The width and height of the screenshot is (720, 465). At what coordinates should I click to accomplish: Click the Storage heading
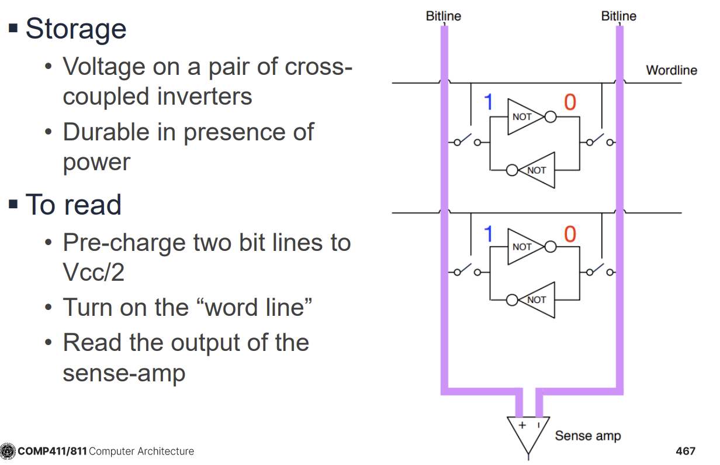pos(75,29)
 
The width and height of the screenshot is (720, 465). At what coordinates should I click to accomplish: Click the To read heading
pos(73,205)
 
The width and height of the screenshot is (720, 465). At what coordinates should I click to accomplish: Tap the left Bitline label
pos(443,16)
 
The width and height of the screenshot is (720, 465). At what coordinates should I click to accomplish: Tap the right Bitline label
pos(618,16)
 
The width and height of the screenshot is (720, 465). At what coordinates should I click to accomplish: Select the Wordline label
pos(671,70)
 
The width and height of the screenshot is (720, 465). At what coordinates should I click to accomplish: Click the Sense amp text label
pos(587,436)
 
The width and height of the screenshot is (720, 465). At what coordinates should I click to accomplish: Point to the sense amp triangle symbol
pos(528,433)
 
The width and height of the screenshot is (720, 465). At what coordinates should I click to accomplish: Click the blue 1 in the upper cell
pos(489,104)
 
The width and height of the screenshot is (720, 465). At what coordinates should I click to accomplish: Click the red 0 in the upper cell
pos(569,104)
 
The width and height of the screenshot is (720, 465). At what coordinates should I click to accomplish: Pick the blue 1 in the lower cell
pos(489,235)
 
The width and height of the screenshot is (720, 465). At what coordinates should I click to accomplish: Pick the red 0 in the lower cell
pos(569,235)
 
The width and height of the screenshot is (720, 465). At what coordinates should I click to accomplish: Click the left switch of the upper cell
pos(465,141)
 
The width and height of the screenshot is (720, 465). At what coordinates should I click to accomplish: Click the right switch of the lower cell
pos(596,271)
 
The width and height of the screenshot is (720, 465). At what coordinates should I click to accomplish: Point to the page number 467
pos(685,451)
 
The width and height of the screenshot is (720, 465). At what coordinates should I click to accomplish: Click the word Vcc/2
pos(94,272)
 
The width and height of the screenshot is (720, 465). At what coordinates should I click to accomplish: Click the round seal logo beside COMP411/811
pos(8,451)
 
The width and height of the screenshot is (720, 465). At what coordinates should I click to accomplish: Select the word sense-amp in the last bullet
pos(124,373)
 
